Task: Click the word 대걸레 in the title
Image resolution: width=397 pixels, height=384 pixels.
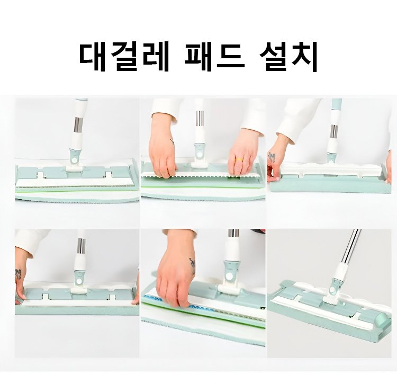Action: [x=124, y=58]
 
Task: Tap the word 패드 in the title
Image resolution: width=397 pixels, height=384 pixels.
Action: [x=214, y=58]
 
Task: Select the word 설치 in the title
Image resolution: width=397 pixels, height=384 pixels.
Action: [x=288, y=58]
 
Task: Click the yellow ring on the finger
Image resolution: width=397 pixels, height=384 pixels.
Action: [x=239, y=159]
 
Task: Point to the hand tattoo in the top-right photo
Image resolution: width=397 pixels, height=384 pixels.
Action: [x=272, y=157]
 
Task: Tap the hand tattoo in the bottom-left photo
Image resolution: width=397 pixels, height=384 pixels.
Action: [x=18, y=274]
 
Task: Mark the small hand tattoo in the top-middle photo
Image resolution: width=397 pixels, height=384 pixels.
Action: [x=172, y=142]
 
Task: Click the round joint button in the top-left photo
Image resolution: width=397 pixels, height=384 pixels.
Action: [x=75, y=160]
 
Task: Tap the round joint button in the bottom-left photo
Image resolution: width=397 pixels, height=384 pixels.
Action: [x=79, y=281]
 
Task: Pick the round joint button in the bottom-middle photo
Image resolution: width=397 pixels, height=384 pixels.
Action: [x=229, y=276]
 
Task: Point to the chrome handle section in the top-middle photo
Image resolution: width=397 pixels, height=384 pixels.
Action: [x=199, y=118]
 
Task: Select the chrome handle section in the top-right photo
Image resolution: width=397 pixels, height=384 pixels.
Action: [x=334, y=132]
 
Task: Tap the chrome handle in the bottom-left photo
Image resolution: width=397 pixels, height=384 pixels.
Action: [x=81, y=246]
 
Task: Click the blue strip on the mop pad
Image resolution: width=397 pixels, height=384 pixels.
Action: [x=177, y=303]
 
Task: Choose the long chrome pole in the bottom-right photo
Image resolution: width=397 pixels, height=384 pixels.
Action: [x=349, y=247]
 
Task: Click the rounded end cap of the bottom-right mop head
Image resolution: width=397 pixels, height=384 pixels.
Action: [x=381, y=319]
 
